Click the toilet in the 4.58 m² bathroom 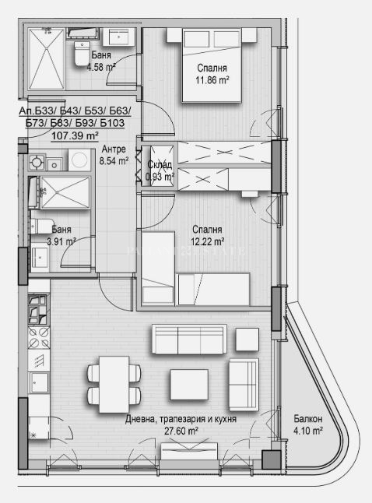click(82, 54)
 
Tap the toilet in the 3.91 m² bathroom click(42, 226)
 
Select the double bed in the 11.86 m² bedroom click(212, 65)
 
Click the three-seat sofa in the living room click(189, 339)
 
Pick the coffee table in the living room click(189, 385)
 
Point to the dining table click(114, 385)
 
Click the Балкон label click(308, 418)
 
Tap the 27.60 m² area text click(181, 431)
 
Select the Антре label click(114, 149)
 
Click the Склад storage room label click(160, 164)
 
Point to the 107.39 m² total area click(75, 135)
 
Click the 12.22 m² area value click(207, 241)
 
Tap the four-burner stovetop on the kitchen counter click(39, 337)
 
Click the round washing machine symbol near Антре click(79, 160)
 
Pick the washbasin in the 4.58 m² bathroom click(119, 37)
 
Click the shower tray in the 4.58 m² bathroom click(46, 58)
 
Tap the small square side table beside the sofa click(247, 339)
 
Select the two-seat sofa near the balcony click(244, 385)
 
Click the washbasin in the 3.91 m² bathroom click(40, 257)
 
